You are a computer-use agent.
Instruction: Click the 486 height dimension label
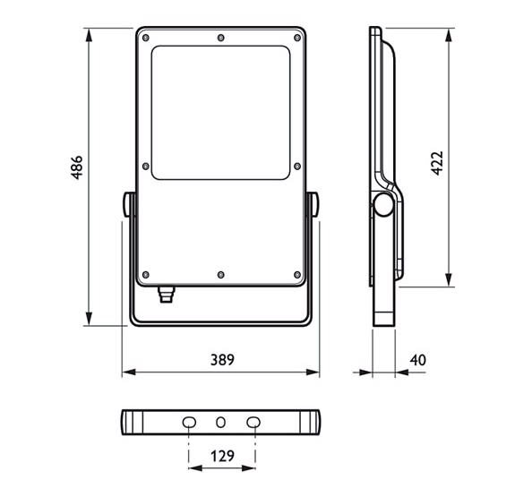coord(77,167)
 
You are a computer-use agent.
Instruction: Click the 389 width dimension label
coord(222,360)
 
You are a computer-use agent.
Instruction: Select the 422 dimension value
coord(437,163)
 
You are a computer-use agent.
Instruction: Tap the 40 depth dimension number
coord(417,360)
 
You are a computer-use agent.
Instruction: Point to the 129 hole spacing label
coord(222,456)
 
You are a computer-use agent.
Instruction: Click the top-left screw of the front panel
coord(146,38)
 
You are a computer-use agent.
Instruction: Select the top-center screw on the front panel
coord(221,38)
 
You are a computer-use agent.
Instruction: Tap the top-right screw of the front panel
coord(297,38)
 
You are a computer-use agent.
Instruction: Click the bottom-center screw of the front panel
coord(221,274)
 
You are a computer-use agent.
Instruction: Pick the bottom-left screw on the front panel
coord(146,274)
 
